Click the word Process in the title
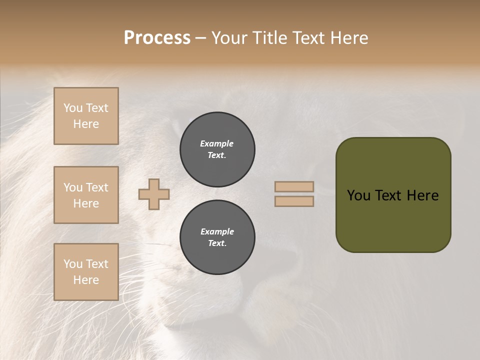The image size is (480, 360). [157, 38]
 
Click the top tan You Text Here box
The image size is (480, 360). [86, 116]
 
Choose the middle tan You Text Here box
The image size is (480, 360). [86, 195]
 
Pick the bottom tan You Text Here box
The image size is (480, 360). [86, 271]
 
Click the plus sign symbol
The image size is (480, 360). [154, 194]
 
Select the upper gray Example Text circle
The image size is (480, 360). [217, 149]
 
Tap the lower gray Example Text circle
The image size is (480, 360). [217, 237]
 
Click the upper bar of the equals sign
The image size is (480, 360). [294, 186]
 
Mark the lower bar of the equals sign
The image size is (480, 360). [294, 201]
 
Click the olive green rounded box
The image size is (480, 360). [393, 195]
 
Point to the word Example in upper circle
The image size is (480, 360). [217, 143]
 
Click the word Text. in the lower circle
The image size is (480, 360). [217, 243]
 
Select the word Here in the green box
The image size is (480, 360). [422, 195]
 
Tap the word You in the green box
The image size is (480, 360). [358, 195]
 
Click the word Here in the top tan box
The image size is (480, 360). [86, 124]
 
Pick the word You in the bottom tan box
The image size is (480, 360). [73, 264]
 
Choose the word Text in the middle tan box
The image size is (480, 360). [96, 187]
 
